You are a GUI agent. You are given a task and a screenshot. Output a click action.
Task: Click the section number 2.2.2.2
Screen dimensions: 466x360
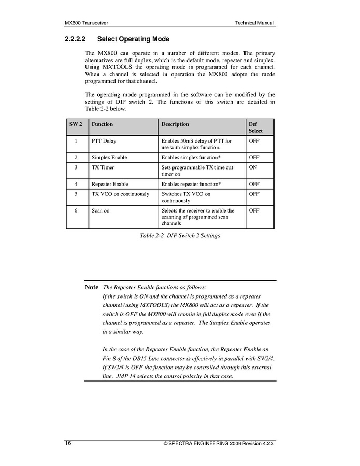[75, 39]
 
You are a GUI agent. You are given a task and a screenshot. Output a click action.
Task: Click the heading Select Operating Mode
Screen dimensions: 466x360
[133, 39]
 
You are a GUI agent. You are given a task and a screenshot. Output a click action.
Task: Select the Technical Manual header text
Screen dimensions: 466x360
[254, 23]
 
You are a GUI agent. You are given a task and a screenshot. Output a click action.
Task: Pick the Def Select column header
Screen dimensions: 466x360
[256, 128]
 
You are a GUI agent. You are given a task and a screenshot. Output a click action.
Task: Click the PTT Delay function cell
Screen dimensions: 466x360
[104, 141]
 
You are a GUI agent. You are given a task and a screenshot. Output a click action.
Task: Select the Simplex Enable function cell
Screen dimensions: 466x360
[109, 157]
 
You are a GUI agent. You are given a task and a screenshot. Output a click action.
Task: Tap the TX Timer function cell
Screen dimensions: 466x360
[103, 168]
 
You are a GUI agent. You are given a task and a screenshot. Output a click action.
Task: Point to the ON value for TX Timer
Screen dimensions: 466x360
[253, 168]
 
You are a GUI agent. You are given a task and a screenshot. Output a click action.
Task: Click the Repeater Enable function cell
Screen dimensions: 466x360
[110, 184]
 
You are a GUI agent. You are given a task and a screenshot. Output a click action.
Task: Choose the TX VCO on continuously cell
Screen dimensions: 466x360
[120, 194]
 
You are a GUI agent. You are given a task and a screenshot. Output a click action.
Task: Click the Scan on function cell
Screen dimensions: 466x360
[100, 211]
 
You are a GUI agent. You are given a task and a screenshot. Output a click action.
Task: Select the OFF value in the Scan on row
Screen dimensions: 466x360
[254, 211]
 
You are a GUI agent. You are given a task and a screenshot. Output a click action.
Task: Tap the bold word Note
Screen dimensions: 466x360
[92, 287]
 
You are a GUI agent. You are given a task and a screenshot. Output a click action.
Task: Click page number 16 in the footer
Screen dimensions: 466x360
[68, 444]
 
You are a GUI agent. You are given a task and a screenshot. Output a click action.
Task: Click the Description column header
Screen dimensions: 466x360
[175, 124]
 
